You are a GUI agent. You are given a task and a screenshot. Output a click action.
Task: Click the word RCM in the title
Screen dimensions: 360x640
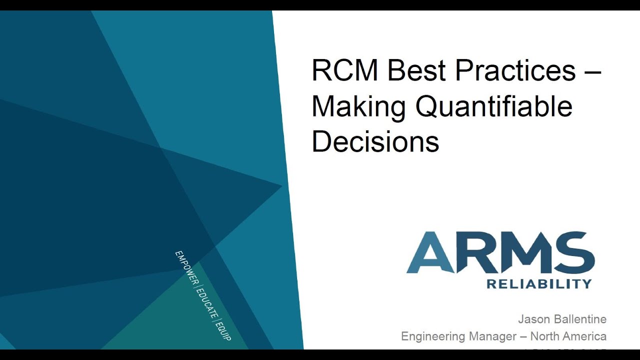click(x=345, y=70)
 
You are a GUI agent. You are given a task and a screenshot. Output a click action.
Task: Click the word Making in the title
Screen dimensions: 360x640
click(x=358, y=107)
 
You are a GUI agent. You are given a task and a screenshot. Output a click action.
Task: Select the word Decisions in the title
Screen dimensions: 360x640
click(x=375, y=142)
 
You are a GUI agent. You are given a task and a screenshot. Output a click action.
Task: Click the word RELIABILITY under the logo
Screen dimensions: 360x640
click(x=539, y=284)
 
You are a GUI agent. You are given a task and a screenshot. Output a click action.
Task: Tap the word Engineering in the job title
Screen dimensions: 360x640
click(x=433, y=336)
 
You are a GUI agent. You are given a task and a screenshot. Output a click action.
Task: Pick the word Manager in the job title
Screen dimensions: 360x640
click(x=489, y=336)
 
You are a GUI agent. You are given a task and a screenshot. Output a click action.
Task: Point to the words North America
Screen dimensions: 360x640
click(x=568, y=336)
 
